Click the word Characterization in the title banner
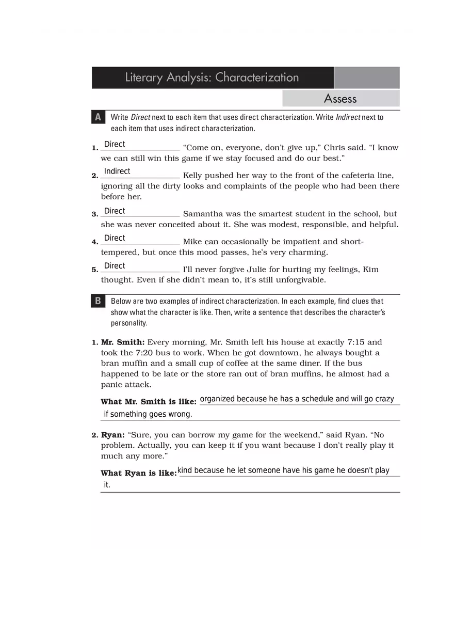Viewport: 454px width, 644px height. coord(257,77)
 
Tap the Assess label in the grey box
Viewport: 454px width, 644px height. coord(340,99)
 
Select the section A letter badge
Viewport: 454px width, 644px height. coord(98,117)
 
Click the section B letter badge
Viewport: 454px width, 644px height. coord(98,301)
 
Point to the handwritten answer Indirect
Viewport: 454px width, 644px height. coord(117,171)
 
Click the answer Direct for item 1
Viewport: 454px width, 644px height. coord(115,145)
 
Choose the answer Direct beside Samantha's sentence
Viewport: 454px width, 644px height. coord(115,211)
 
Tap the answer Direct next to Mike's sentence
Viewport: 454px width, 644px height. coord(115,238)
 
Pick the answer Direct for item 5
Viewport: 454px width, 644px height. coord(115,266)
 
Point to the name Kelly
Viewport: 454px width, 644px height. coord(193,176)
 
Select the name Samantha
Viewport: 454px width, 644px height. coord(203,214)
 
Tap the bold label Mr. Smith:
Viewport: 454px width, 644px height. coord(123,342)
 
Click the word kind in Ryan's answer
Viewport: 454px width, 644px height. coord(185,470)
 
